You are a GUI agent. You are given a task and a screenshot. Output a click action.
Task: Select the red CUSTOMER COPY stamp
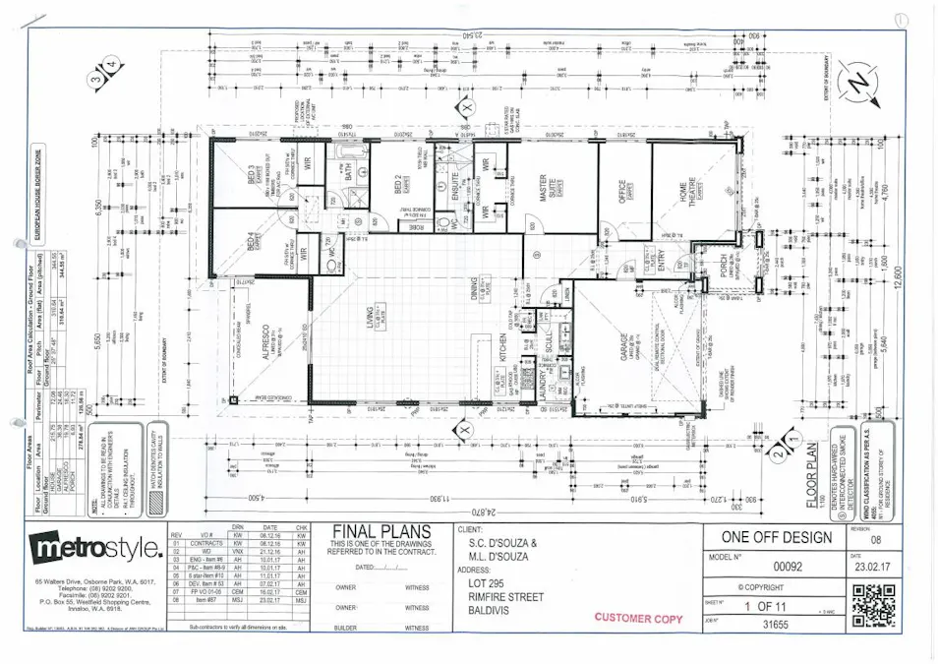[639, 617]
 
